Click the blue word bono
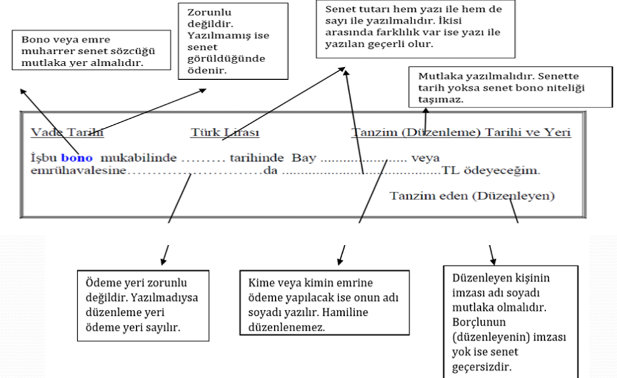tap(77, 158)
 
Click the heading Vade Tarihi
tap(67, 133)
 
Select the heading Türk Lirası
tap(225, 133)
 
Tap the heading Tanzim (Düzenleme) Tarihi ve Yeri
tap(461, 133)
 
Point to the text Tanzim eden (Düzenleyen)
tap(472, 196)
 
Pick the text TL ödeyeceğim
tap(490, 171)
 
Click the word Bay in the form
tap(304, 158)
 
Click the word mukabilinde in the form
tap(139, 158)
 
